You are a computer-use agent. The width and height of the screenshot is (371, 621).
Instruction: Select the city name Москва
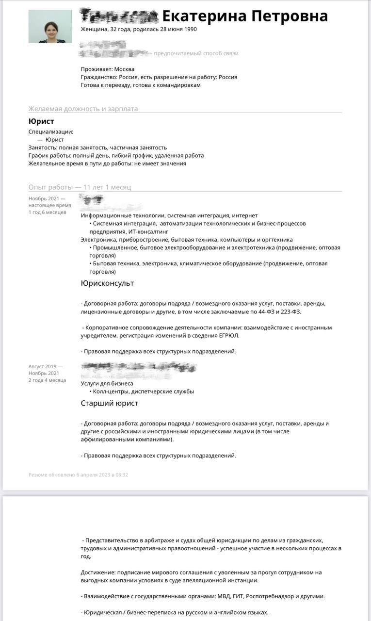coord(124,69)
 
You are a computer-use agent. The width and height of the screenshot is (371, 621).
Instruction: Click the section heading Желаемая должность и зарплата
coord(83,109)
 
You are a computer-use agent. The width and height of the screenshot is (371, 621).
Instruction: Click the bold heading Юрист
coord(41,121)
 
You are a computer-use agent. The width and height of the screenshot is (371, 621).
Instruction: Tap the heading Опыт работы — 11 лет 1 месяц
coord(80,187)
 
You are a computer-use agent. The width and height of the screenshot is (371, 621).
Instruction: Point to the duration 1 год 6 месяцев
coord(47,212)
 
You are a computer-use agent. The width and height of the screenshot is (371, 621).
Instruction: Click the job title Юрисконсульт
coord(107,283)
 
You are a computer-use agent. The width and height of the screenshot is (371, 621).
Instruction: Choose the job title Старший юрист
coord(109,403)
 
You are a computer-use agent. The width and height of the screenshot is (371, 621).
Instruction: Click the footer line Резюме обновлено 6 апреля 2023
coord(78,475)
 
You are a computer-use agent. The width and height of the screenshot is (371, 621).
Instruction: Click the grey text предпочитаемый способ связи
coord(196,53)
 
